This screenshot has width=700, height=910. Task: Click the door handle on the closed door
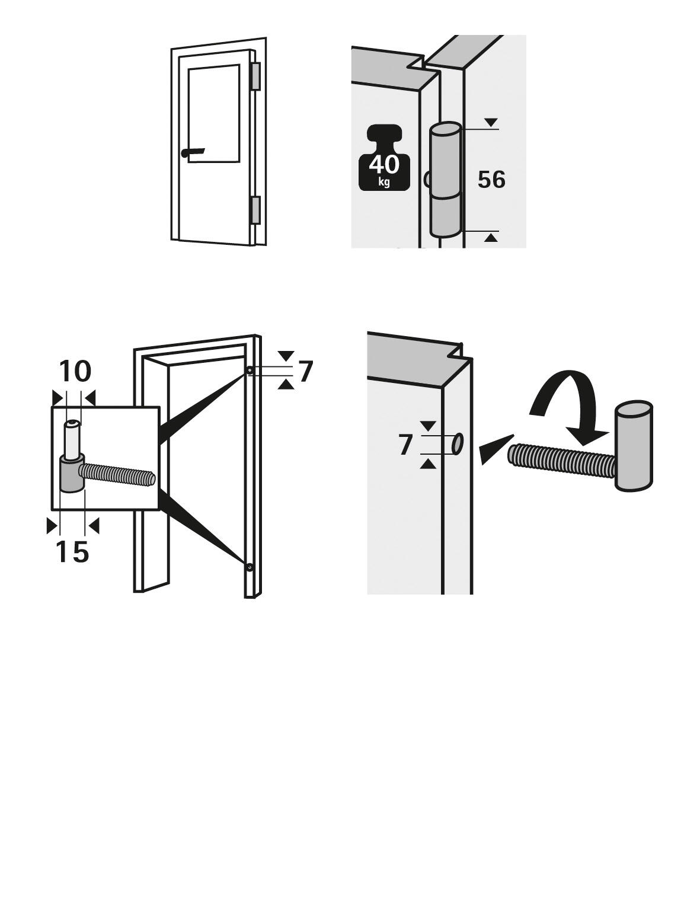(x=193, y=152)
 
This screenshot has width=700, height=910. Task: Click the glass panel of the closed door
(x=214, y=113)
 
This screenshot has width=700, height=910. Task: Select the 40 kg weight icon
(x=384, y=158)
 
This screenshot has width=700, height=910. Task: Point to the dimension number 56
(x=491, y=180)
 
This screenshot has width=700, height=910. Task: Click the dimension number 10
(x=75, y=371)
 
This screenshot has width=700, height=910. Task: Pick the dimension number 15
(x=72, y=551)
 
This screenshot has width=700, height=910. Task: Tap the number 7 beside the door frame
(x=306, y=372)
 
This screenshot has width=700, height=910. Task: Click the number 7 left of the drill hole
(x=405, y=445)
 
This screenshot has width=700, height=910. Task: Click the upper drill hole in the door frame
(x=250, y=371)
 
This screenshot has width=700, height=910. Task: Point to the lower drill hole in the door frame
(x=250, y=567)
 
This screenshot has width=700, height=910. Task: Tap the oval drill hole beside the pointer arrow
(x=458, y=444)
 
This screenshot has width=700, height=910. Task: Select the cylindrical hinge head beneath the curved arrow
(x=634, y=446)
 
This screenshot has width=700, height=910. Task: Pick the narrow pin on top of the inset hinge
(x=71, y=439)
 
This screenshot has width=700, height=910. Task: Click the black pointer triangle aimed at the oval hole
(x=497, y=449)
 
